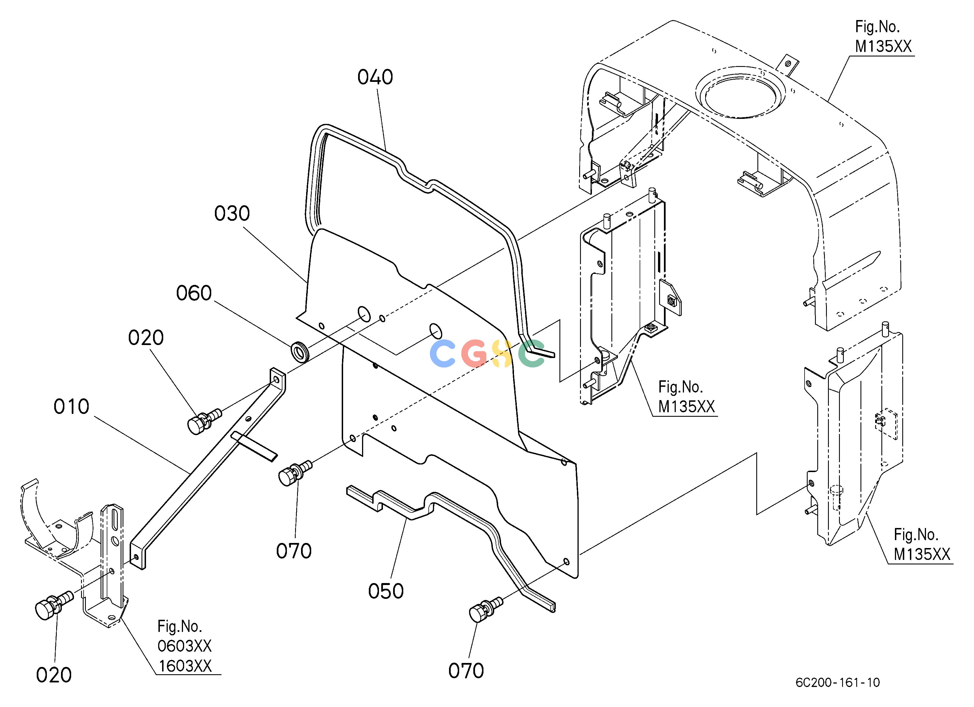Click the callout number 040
click(x=375, y=78)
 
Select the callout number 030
click(x=232, y=214)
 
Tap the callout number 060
click(x=194, y=293)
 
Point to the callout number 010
click(x=71, y=407)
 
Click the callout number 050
click(x=386, y=591)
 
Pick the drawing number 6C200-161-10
click(x=837, y=682)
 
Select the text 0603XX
click(x=185, y=646)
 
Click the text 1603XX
click(x=185, y=666)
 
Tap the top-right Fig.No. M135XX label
click(x=883, y=36)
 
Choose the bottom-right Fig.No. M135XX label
click(x=922, y=544)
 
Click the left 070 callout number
click(x=294, y=551)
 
